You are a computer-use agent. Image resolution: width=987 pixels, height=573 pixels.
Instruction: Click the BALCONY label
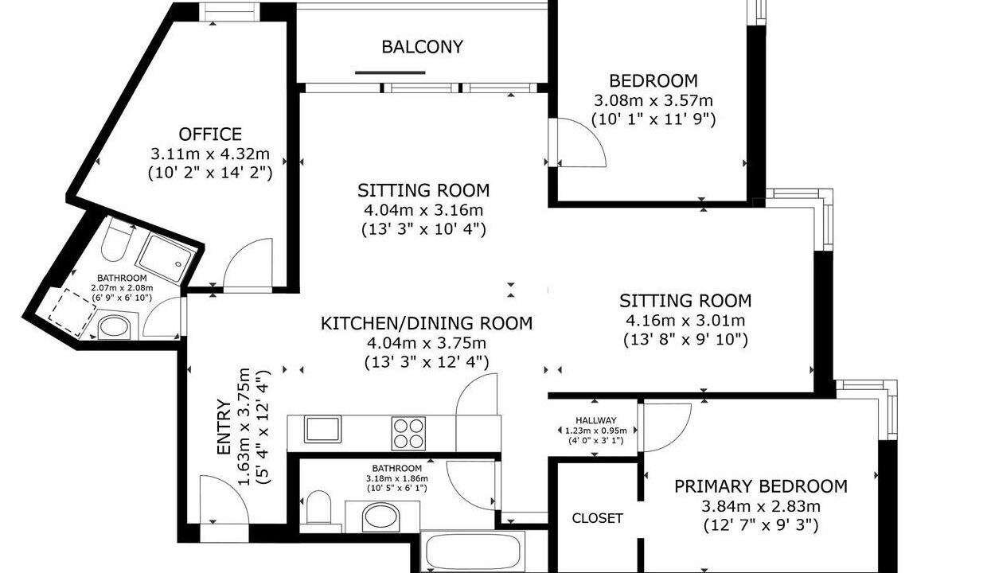422,47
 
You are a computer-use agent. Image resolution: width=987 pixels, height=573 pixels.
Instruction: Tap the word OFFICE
210,134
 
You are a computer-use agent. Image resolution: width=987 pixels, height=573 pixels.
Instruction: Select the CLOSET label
598,518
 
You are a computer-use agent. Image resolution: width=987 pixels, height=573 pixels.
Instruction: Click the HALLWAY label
595,421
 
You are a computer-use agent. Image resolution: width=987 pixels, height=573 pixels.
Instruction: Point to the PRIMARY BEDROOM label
761,486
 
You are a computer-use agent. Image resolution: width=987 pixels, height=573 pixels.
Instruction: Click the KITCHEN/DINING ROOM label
427,323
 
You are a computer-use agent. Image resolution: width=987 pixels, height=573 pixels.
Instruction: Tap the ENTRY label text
224,427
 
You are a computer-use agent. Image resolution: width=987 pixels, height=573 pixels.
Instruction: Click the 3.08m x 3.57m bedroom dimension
653,101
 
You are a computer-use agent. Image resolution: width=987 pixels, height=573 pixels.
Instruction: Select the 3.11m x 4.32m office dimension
210,154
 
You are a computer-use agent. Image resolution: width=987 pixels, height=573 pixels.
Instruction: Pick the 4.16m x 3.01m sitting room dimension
685,320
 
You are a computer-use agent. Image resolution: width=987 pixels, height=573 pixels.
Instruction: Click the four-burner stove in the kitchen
408,434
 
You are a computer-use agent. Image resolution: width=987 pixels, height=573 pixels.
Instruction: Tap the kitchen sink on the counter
322,429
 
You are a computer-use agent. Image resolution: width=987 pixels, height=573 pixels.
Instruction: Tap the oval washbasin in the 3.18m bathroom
381,517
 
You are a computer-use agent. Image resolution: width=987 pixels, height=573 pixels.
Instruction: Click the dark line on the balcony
390,72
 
